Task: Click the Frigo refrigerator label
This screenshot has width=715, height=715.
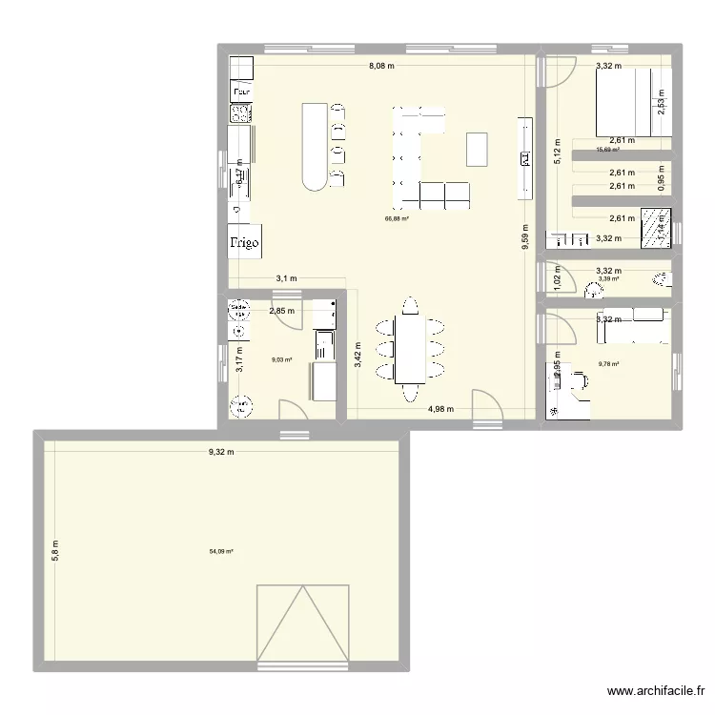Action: [x=245, y=243]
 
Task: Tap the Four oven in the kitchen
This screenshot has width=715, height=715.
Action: [x=241, y=92]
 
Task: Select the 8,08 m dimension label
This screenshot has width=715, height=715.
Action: [x=382, y=66]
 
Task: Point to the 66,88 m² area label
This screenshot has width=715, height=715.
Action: [x=397, y=219]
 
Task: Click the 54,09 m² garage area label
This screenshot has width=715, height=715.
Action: [x=221, y=550]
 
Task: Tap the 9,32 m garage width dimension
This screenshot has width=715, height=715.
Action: [x=221, y=452]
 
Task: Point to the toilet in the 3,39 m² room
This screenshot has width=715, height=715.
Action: [x=662, y=280]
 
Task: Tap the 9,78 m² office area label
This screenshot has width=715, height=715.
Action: [x=609, y=363]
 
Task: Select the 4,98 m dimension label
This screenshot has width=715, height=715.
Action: [x=439, y=409]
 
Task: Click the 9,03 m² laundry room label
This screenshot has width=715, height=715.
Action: [x=281, y=360]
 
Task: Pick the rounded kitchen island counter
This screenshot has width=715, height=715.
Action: [x=315, y=146]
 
